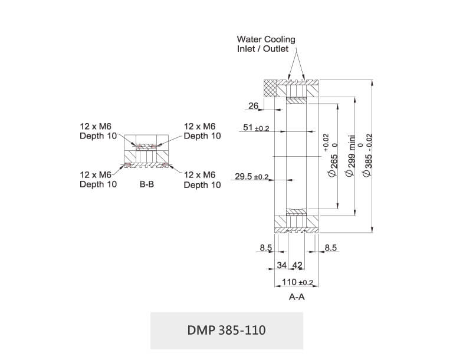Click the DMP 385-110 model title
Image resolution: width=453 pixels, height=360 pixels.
tap(226, 330)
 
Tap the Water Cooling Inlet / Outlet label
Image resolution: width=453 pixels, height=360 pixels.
tap(266, 44)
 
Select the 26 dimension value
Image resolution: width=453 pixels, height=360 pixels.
tap(254, 106)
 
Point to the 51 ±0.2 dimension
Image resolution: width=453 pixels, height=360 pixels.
tap(255, 128)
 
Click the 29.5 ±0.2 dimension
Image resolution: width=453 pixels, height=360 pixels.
tap(251, 176)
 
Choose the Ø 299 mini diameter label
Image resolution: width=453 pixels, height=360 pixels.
tap(352, 155)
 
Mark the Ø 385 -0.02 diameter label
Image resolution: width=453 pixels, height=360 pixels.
tap(369, 156)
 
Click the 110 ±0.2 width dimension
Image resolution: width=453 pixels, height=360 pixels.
tap(297, 282)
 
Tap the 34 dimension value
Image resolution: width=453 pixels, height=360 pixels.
tap(282, 266)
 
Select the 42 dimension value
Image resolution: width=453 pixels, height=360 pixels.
tap(297, 266)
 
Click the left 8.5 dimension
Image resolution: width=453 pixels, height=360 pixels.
tap(265, 248)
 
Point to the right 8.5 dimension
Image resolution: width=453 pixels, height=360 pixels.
tap(330, 248)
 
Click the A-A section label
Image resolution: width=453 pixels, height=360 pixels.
tap(296, 298)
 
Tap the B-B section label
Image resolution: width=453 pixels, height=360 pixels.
tap(147, 184)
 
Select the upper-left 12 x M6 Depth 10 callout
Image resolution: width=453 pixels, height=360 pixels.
tap(98, 131)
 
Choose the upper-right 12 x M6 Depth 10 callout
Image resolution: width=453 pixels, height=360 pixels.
tap(202, 131)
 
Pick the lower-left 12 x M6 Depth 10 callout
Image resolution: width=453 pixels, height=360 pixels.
tap(98, 179)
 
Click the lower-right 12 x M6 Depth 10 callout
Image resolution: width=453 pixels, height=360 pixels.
tap(202, 180)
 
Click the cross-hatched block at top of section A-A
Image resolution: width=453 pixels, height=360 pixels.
tap(272, 88)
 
